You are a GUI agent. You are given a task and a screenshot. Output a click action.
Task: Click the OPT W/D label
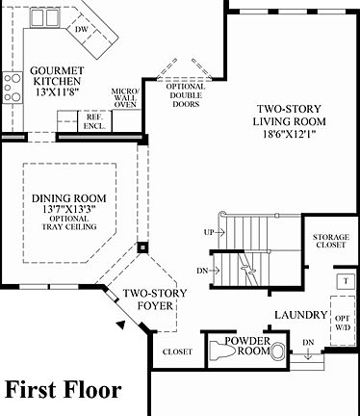point(341,324)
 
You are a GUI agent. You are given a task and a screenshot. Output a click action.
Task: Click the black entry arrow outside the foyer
point(120,327)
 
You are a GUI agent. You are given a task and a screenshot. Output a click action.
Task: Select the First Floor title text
point(64,390)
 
